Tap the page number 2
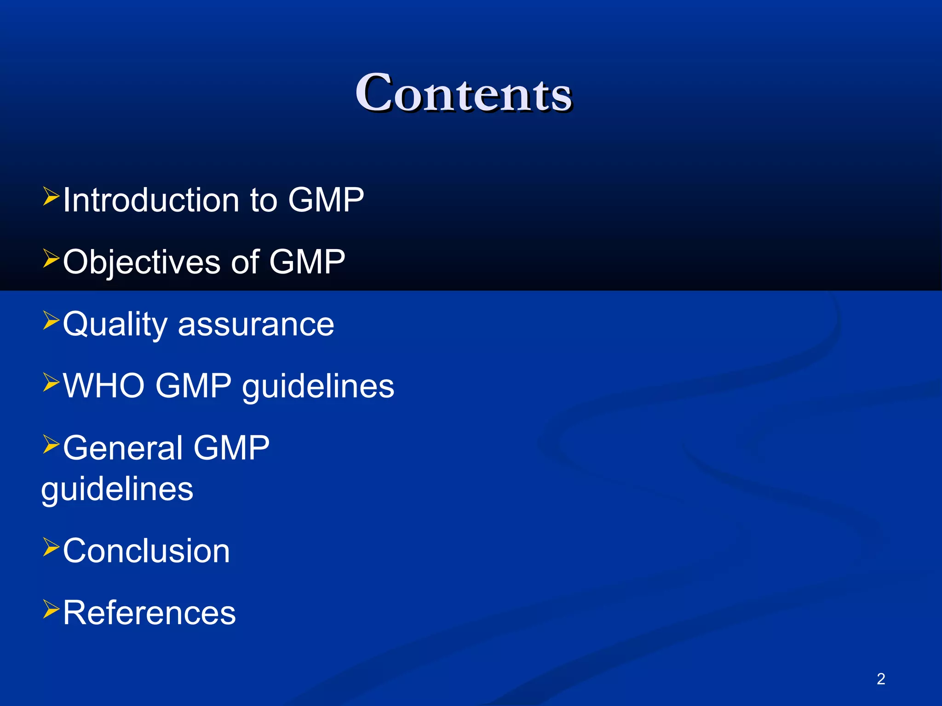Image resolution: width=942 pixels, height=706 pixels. click(x=881, y=679)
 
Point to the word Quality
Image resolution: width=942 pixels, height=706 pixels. click(x=115, y=325)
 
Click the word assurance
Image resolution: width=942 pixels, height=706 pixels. click(x=256, y=325)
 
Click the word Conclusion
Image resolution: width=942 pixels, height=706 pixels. click(x=146, y=551)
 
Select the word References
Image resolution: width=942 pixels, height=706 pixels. click(x=149, y=613)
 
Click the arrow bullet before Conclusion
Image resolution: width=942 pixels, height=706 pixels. click(x=51, y=547)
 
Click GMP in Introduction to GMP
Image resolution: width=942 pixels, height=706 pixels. click(x=326, y=200)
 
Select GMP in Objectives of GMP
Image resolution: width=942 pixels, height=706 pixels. click(x=307, y=262)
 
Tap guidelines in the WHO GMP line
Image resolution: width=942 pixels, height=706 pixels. click(x=318, y=386)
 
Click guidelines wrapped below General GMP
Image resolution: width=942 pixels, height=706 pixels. click(x=117, y=489)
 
